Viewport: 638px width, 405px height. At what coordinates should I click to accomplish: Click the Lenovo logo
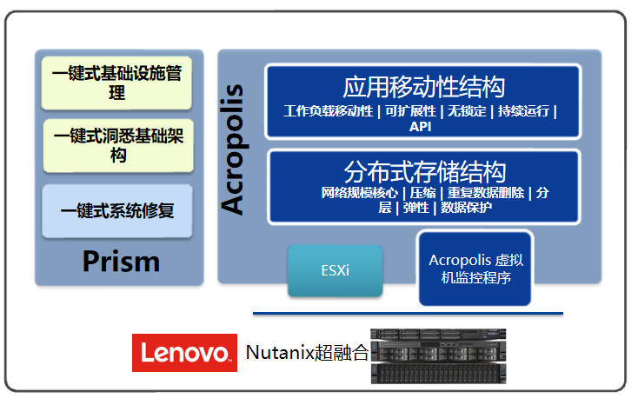(184, 352)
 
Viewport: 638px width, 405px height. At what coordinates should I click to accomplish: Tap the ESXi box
(335, 271)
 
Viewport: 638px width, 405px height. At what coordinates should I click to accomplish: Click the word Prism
(121, 261)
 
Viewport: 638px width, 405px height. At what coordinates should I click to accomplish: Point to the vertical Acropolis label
(233, 148)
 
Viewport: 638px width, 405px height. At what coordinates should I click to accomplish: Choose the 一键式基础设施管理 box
(117, 83)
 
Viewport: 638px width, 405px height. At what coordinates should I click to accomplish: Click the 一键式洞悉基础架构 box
(117, 145)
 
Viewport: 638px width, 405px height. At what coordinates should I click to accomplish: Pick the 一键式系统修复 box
(117, 210)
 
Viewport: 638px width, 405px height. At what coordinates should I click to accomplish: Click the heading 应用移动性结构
(423, 88)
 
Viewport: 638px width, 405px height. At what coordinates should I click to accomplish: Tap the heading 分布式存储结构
(423, 170)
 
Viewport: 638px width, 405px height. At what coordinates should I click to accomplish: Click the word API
(421, 126)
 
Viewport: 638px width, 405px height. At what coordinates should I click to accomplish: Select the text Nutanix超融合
(307, 353)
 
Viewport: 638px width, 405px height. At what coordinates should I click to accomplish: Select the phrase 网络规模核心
(359, 193)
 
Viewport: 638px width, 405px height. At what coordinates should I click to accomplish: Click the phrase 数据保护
(466, 208)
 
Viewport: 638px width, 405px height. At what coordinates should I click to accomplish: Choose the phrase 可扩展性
(409, 111)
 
